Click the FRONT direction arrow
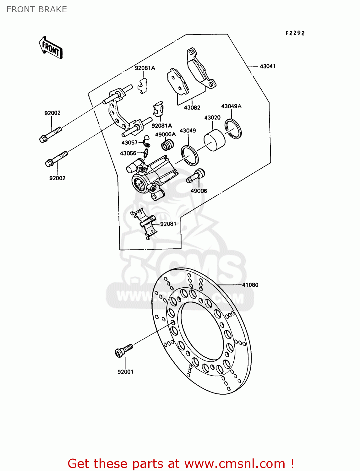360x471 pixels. pyautogui.click(x=51, y=48)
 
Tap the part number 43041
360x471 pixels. pyautogui.click(x=268, y=66)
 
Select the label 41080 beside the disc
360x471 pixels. pyautogui.click(x=250, y=285)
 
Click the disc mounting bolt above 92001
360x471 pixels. pyautogui.click(x=124, y=350)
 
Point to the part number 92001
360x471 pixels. pyautogui.click(x=125, y=372)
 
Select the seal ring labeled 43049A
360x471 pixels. pyautogui.click(x=233, y=129)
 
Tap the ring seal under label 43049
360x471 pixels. pyautogui.click(x=189, y=155)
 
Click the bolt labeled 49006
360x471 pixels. pyautogui.click(x=197, y=176)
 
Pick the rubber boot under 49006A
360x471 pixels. pyautogui.click(x=168, y=145)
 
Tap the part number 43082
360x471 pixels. pyautogui.click(x=192, y=107)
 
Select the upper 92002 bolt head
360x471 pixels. pyautogui.click(x=44, y=138)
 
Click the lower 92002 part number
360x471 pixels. pyautogui.click(x=57, y=178)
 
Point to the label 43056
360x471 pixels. pyautogui.click(x=128, y=153)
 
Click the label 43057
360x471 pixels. pyautogui.click(x=129, y=143)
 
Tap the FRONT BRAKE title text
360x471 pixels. pyautogui.click(x=37, y=9)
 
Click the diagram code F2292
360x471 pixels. pyautogui.click(x=295, y=33)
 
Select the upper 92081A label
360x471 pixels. pyautogui.click(x=145, y=68)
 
